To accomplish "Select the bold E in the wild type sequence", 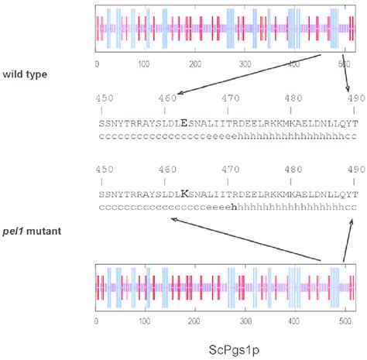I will coord(183,122).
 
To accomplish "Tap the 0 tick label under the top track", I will coord(96,64).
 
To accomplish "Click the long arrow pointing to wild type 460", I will coord(248,75).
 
